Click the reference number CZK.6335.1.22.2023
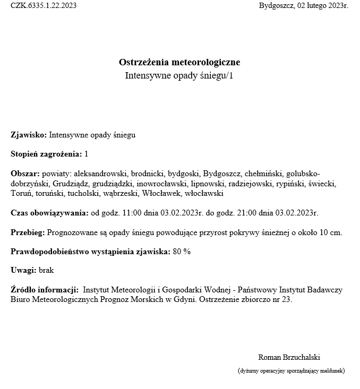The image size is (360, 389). (x=44, y=6)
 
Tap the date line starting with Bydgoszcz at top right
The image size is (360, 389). (x=303, y=6)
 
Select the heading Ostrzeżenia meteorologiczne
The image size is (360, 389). (x=179, y=63)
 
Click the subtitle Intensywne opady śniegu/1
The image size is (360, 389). (x=179, y=76)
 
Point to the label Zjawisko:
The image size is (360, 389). (x=29, y=135)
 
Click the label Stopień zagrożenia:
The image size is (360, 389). (x=46, y=154)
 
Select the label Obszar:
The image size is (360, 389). (x=25, y=174)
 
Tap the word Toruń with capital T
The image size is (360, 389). (x=21, y=194)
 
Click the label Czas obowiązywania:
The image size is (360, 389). (x=49, y=213)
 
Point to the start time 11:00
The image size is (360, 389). (x=131, y=213)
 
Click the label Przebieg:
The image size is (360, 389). (x=28, y=232)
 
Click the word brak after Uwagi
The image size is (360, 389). (x=46, y=271)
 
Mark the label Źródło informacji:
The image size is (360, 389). (x=45, y=290)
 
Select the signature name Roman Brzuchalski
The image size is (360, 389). (x=289, y=357)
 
